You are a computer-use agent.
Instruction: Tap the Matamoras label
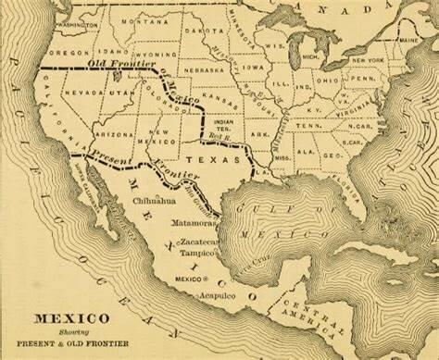(194, 223)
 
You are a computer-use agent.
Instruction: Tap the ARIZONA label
(113, 134)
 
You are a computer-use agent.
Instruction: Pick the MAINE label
(408, 42)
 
